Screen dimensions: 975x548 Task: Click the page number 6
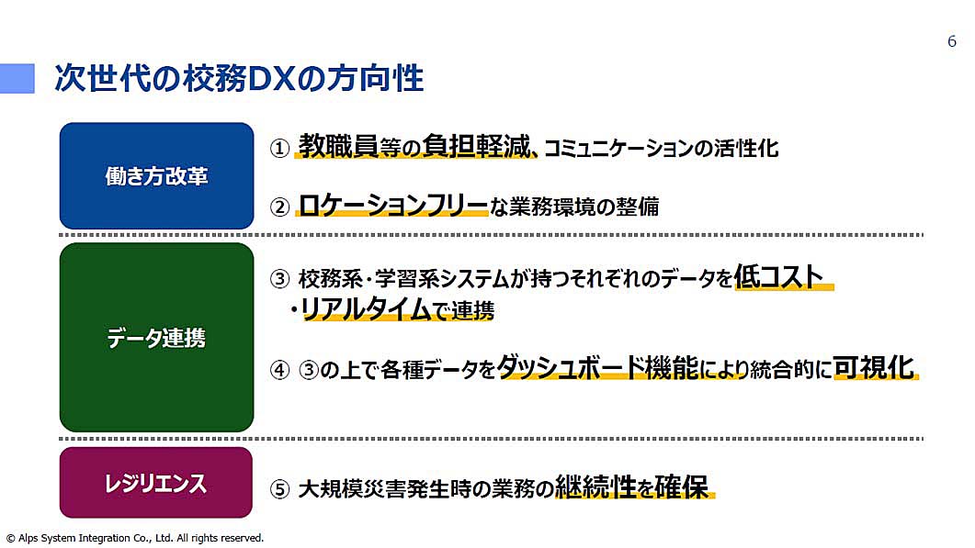click(x=951, y=41)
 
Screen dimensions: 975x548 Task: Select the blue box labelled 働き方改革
click(x=157, y=176)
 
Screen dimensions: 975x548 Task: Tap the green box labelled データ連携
click(x=157, y=338)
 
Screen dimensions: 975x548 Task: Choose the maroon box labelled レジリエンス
click(x=156, y=482)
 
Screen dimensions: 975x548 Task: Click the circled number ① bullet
click(x=279, y=149)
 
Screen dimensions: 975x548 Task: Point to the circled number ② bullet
click(x=279, y=207)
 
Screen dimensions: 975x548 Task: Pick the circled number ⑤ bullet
click(x=279, y=489)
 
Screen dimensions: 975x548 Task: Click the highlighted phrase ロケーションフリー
click(x=393, y=205)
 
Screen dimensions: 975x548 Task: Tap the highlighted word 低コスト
click(x=778, y=276)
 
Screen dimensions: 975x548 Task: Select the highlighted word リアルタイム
click(x=366, y=308)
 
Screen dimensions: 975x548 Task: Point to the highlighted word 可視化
click(x=874, y=367)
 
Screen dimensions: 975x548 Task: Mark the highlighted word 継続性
click(x=595, y=486)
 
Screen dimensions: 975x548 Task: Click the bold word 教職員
click(x=338, y=146)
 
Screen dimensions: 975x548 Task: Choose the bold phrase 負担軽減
click(x=476, y=146)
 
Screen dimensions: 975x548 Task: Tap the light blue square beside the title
click(x=17, y=78)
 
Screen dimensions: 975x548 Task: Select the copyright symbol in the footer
click(x=11, y=538)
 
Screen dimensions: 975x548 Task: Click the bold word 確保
click(x=681, y=486)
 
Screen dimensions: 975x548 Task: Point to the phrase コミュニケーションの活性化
click(x=661, y=149)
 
